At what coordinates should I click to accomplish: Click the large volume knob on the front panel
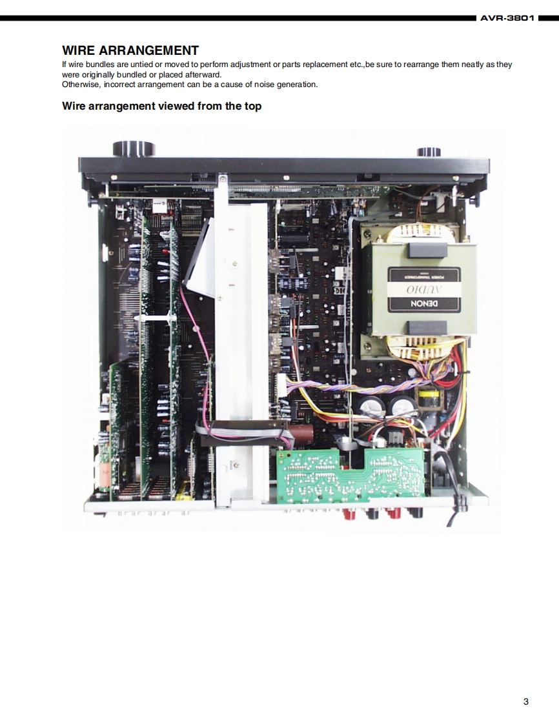pyautogui.click(x=134, y=148)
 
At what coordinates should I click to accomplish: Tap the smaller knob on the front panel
pyautogui.click(x=429, y=152)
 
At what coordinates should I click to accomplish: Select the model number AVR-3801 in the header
pyautogui.click(x=507, y=18)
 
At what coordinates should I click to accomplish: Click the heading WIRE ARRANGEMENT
pyautogui.click(x=130, y=50)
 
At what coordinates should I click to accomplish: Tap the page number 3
pyautogui.click(x=526, y=702)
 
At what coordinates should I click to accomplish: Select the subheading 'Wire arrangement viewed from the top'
pyautogui.click(x=161, y=106)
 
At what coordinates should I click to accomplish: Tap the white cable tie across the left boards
pyautogui.click(x=158, y=319)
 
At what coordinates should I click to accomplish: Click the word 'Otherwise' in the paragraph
pyautogui.click(x=79, y=85)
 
